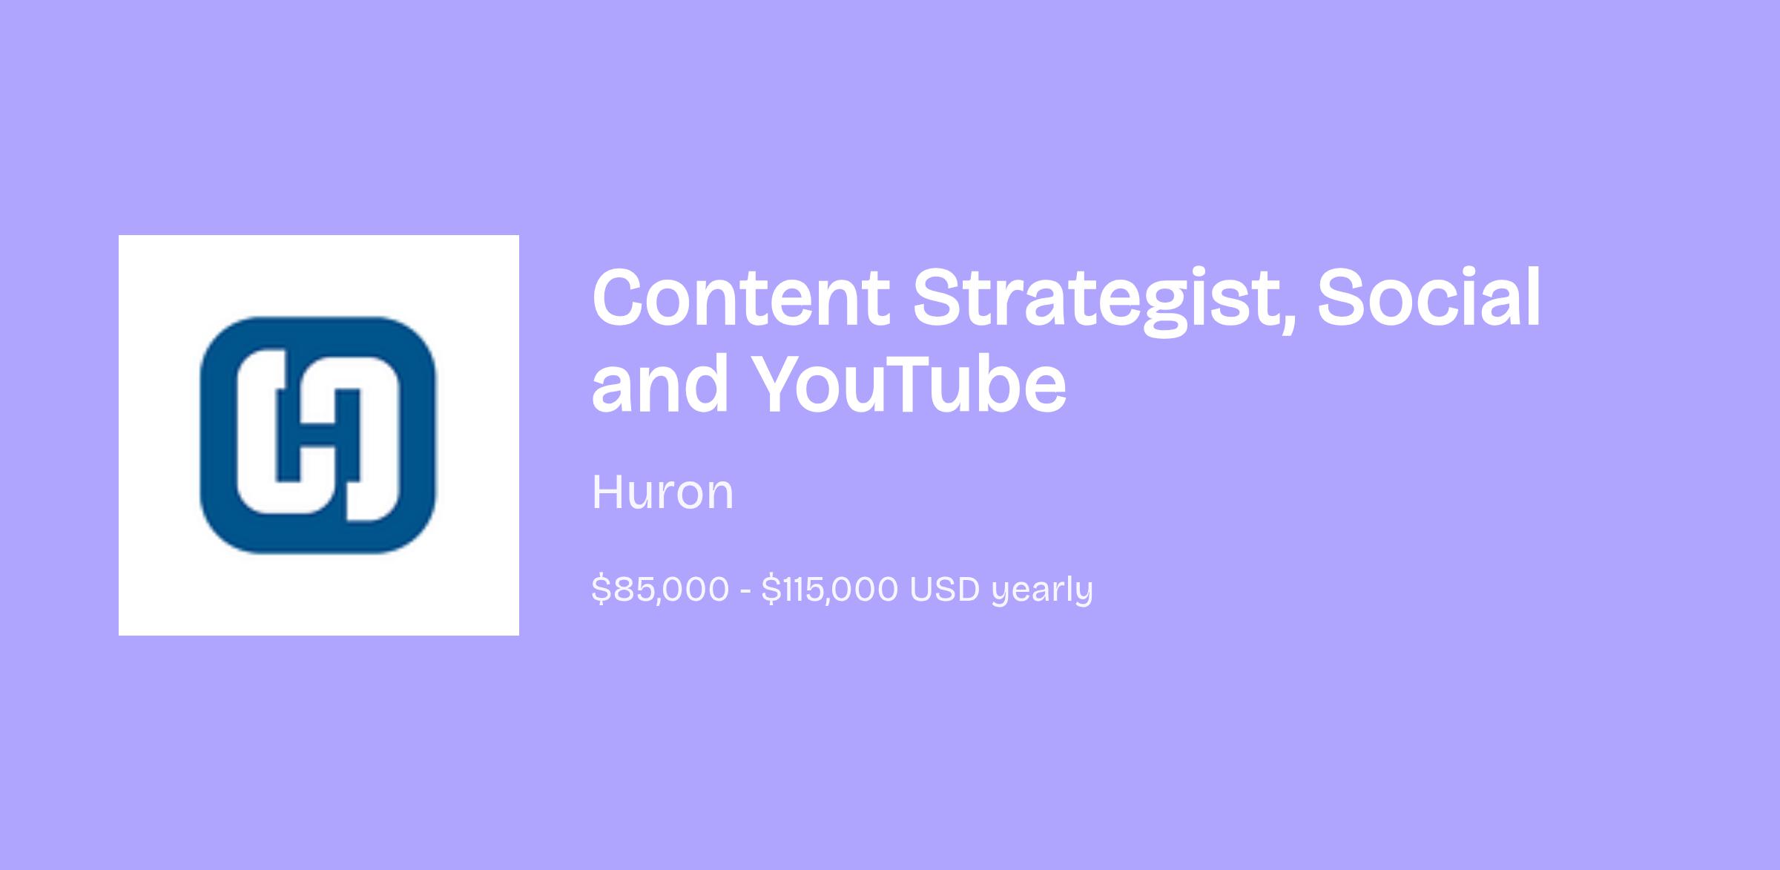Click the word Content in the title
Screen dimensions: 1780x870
point(741,297)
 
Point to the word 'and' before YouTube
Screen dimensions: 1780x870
point(660,384)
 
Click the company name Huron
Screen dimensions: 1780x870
point(662,492)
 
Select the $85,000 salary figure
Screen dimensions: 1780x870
point(660,590)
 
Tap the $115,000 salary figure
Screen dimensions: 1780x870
point(829,590)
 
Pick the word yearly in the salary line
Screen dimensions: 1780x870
point(1042,591)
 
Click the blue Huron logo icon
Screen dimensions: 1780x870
point(319,435)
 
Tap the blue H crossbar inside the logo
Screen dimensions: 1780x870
point(319,436)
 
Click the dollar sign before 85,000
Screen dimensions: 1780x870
point(601,590)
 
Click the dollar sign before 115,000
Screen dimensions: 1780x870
point(771,590)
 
